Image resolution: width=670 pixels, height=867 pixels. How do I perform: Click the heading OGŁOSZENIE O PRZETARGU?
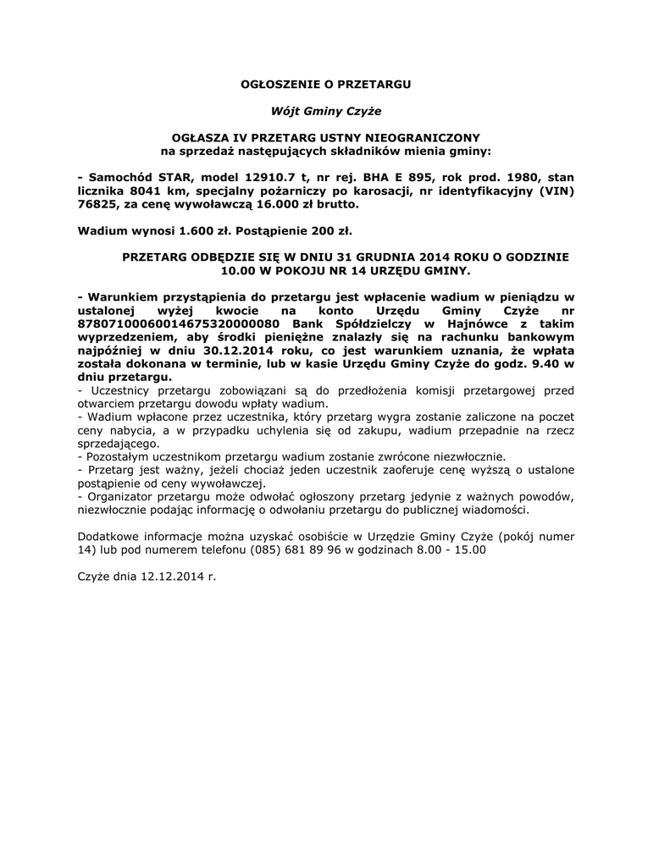click(x=326, y=86)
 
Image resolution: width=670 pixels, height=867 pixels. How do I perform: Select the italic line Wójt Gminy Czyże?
click(x=326, y=111)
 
